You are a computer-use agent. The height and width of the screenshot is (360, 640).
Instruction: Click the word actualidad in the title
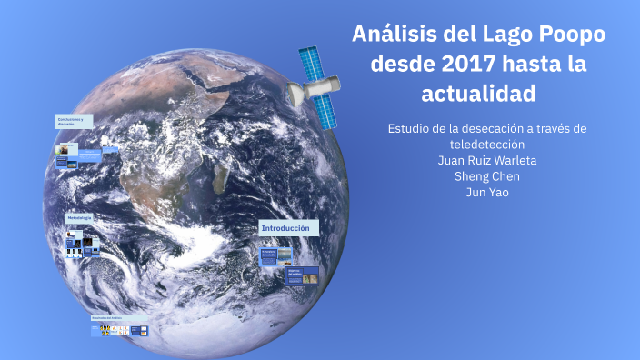[478, 94]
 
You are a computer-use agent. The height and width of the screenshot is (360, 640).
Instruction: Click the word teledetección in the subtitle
[486, 145]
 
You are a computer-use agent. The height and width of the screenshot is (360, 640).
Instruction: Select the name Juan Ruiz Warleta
[486, 160]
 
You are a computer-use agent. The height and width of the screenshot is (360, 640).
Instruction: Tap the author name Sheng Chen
[486, 176]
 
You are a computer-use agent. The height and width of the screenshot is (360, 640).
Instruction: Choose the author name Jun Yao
[486, 192]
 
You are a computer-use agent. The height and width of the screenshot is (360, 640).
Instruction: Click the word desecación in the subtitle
[494, 128]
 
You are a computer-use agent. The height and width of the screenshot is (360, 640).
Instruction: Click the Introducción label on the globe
[287, 228]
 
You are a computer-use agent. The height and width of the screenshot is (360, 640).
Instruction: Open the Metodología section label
[80, 218]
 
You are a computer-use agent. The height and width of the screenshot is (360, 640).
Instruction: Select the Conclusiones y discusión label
[72, 122]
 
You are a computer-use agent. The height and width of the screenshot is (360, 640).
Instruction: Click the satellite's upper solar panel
[311, 63]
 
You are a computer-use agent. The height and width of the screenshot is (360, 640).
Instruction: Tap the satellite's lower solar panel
[325, 111]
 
